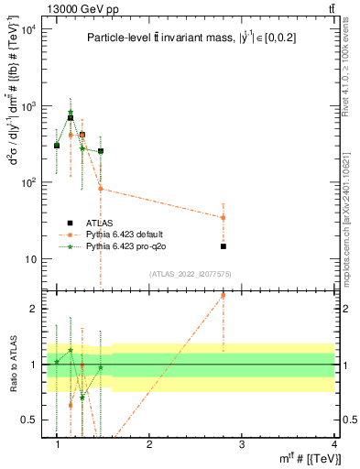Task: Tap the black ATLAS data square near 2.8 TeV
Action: (224, 246)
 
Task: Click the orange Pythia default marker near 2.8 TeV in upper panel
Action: (224, 217)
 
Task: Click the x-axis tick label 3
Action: (242, 444)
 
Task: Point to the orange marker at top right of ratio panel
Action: (224, 295)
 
